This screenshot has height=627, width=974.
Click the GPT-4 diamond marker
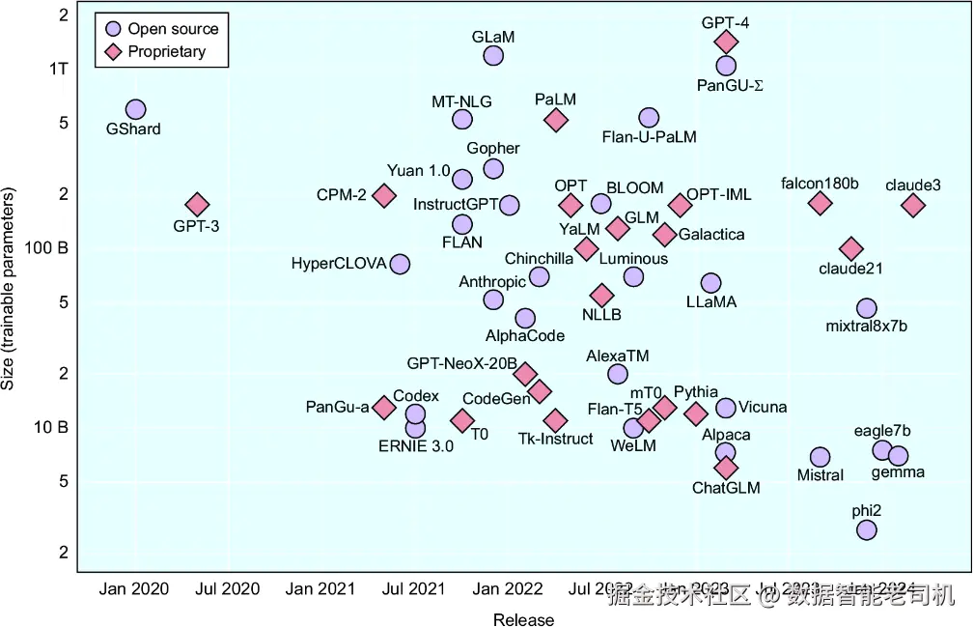pyautogui.click(x=726, y=42)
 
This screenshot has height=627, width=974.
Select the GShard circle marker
pyautogui.click(x=135, y=110)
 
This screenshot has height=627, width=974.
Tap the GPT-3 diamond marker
pyautogui.click(x=197, y=205)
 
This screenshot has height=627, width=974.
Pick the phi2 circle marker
pyautogui.click(x=866, y=529)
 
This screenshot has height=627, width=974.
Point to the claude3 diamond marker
pyautogui.click(x=913, y=205)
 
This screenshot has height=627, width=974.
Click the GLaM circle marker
pyautogui.click(x=493, y=56)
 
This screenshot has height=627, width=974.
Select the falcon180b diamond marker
pyautogui.click(x=820, y=203)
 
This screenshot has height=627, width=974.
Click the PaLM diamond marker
pyautogui.click(x=555, y=120)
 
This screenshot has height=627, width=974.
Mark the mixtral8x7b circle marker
pyautogui.click(x=866, y=308)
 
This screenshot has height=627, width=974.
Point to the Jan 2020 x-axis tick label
pyautogui.click(x=133, y=589)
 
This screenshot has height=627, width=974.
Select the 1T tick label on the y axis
pyautogui.click(x=58, y=69)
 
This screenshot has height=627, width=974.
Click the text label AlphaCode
pyautogui.click(x=525, y=336)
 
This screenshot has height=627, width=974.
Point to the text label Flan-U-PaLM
pyautogui.click(x=649, y=137)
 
